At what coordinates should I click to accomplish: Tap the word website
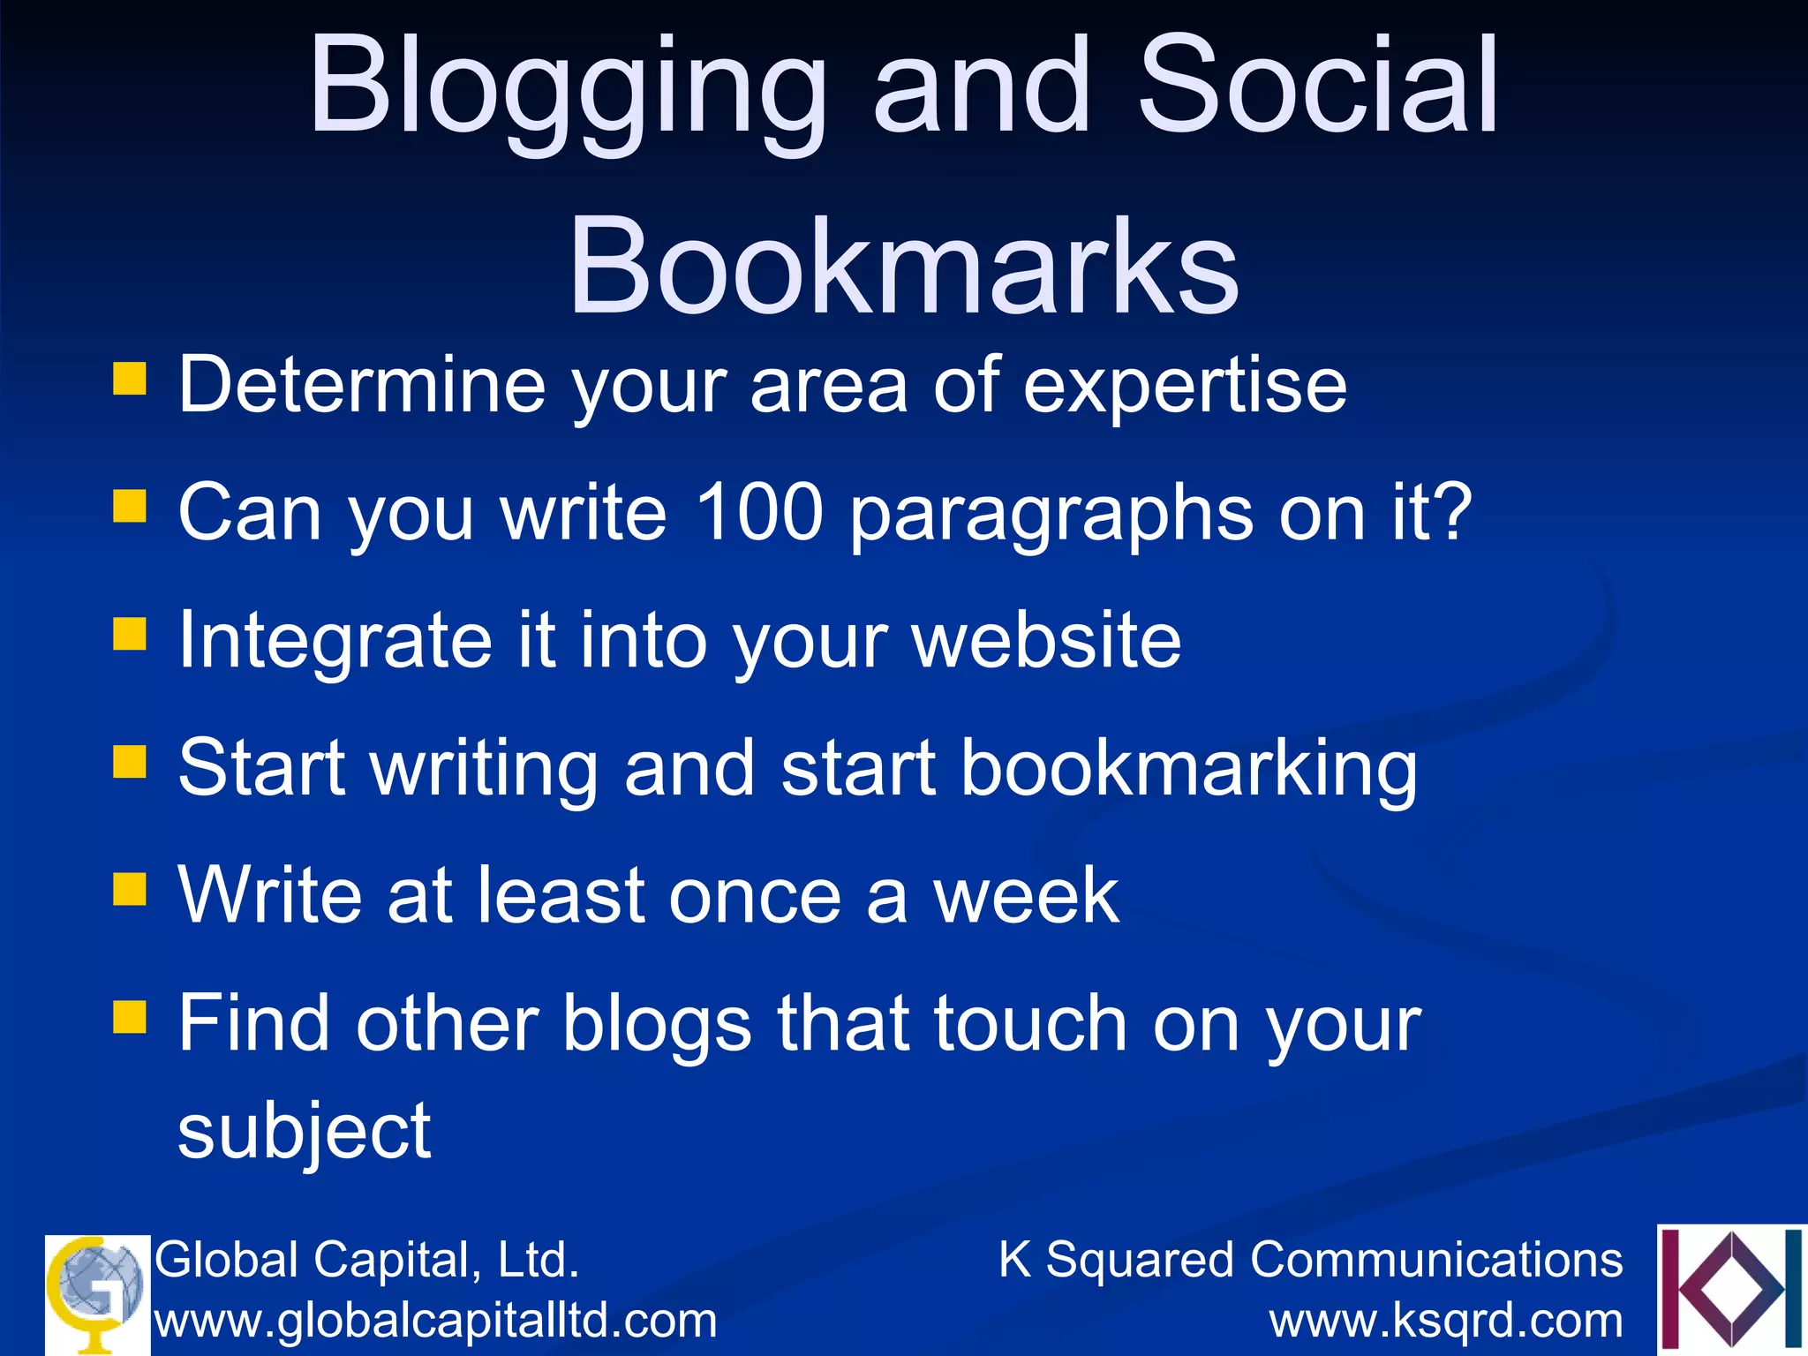pos(1046,640)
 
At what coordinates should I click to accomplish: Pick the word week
pos(1027,896)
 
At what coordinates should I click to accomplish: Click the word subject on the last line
pos(305,1133)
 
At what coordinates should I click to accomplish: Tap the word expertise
pos(1185,387)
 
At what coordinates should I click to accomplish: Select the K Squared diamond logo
pos(1731,1289)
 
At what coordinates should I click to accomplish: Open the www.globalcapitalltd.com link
pos(436,1322)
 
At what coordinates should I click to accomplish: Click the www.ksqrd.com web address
pos(1446,1322)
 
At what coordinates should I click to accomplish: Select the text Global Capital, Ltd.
pos(367,1259)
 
